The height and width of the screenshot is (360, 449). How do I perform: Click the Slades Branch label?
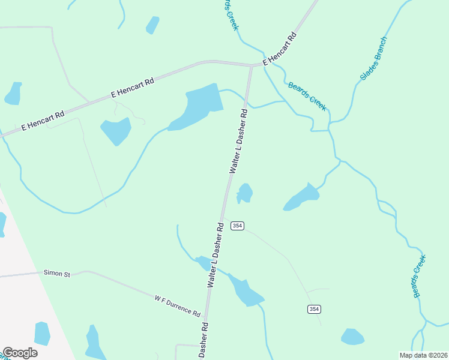(x=373, y=59)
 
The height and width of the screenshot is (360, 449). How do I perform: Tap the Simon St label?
(x=57, y=274)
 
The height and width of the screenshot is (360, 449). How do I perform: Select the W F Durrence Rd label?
(x=177, y=305)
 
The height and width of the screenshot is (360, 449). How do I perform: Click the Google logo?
(x=20, y=353)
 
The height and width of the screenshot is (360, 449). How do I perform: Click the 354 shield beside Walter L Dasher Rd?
(x=238, y=226)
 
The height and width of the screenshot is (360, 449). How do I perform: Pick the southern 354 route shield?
(x=314, y=309)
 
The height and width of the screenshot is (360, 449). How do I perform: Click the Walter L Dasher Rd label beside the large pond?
(x=238, y=141)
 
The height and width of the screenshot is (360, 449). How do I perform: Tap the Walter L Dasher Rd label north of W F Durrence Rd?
(x=215, y=254)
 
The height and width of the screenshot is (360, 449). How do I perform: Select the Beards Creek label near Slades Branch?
(x=307, y=96)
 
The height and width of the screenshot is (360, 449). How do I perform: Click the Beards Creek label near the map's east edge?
(x=418, y=277)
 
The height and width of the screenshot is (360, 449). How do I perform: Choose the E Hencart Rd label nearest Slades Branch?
(x=280, y=49)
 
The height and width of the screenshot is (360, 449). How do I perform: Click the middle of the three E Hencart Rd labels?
(x=133, y=88)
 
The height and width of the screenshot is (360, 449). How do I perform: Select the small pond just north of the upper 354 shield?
(x=244, y=193)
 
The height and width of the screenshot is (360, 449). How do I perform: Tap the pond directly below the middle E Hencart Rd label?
(x=116, y=131)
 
